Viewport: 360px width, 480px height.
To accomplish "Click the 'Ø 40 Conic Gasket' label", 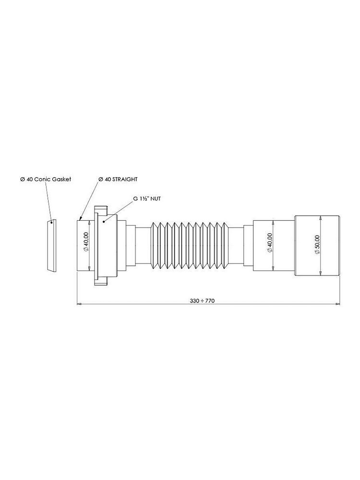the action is [46, 179].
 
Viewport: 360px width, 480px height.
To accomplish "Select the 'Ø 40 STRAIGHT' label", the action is [118, 179].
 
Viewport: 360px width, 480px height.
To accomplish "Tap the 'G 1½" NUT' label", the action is [147, 199].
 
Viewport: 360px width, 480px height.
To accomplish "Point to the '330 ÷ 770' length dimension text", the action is [202, 300].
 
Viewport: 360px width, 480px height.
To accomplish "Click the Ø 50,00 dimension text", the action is [317, 244].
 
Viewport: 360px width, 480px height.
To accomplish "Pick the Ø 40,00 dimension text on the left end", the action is [86, 242].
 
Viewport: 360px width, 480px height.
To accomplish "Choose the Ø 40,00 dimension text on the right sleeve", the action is [270, 243].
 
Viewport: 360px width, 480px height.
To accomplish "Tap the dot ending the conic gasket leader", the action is [51, 223].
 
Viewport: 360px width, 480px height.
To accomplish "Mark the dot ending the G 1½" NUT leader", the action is [104, 221].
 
